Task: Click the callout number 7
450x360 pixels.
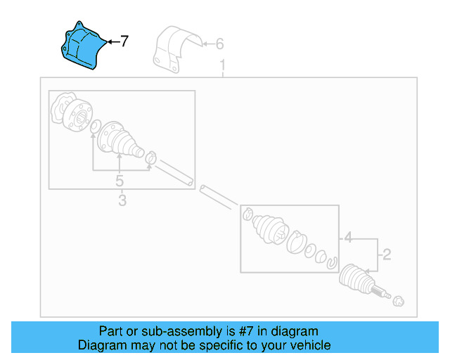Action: point(124,42)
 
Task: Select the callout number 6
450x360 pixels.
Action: point(219,45)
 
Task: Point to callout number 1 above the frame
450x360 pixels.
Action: point(223,67)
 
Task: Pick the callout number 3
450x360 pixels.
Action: point(122,201)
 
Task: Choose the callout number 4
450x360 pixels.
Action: point(347,239)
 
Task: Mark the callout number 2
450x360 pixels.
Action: point(385,254)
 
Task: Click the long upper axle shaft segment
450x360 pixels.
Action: point(176,173)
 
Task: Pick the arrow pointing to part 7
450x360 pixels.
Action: point(112,42)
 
